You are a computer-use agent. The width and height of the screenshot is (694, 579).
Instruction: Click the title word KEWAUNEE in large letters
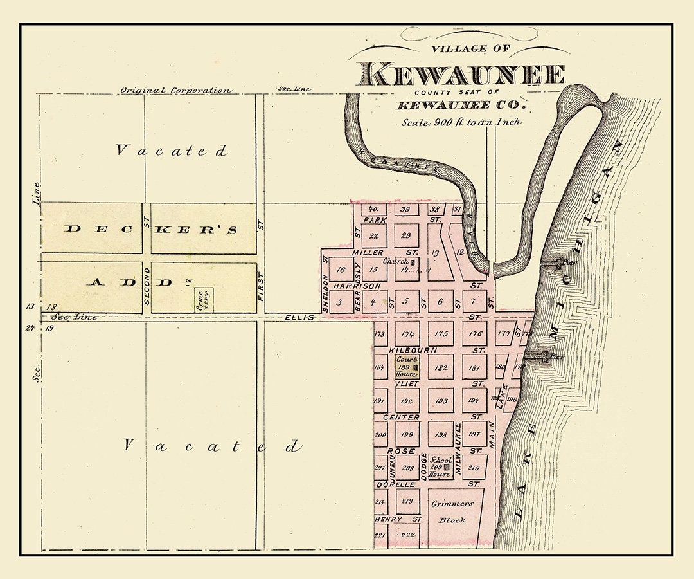pyautogui.click(x=461, y=75)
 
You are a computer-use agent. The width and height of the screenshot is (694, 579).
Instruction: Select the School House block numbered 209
pyautogui.click(x=441, y=467)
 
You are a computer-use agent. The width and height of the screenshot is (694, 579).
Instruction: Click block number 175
pyautogui.click(x=441, y=334)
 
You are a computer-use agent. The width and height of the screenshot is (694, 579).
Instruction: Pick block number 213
pyautogui.click(x=407, y=501)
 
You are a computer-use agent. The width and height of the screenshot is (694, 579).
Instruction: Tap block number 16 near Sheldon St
pyautogui.click(x=341, y=270)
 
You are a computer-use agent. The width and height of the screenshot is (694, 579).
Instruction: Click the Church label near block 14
pyautogui.click(x=396, y=261)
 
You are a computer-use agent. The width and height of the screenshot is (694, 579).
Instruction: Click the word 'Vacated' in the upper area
pyautogui.click(x=171, y=151)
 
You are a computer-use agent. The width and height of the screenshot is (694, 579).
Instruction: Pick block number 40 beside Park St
pyautogui.click(x=373, y=210)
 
